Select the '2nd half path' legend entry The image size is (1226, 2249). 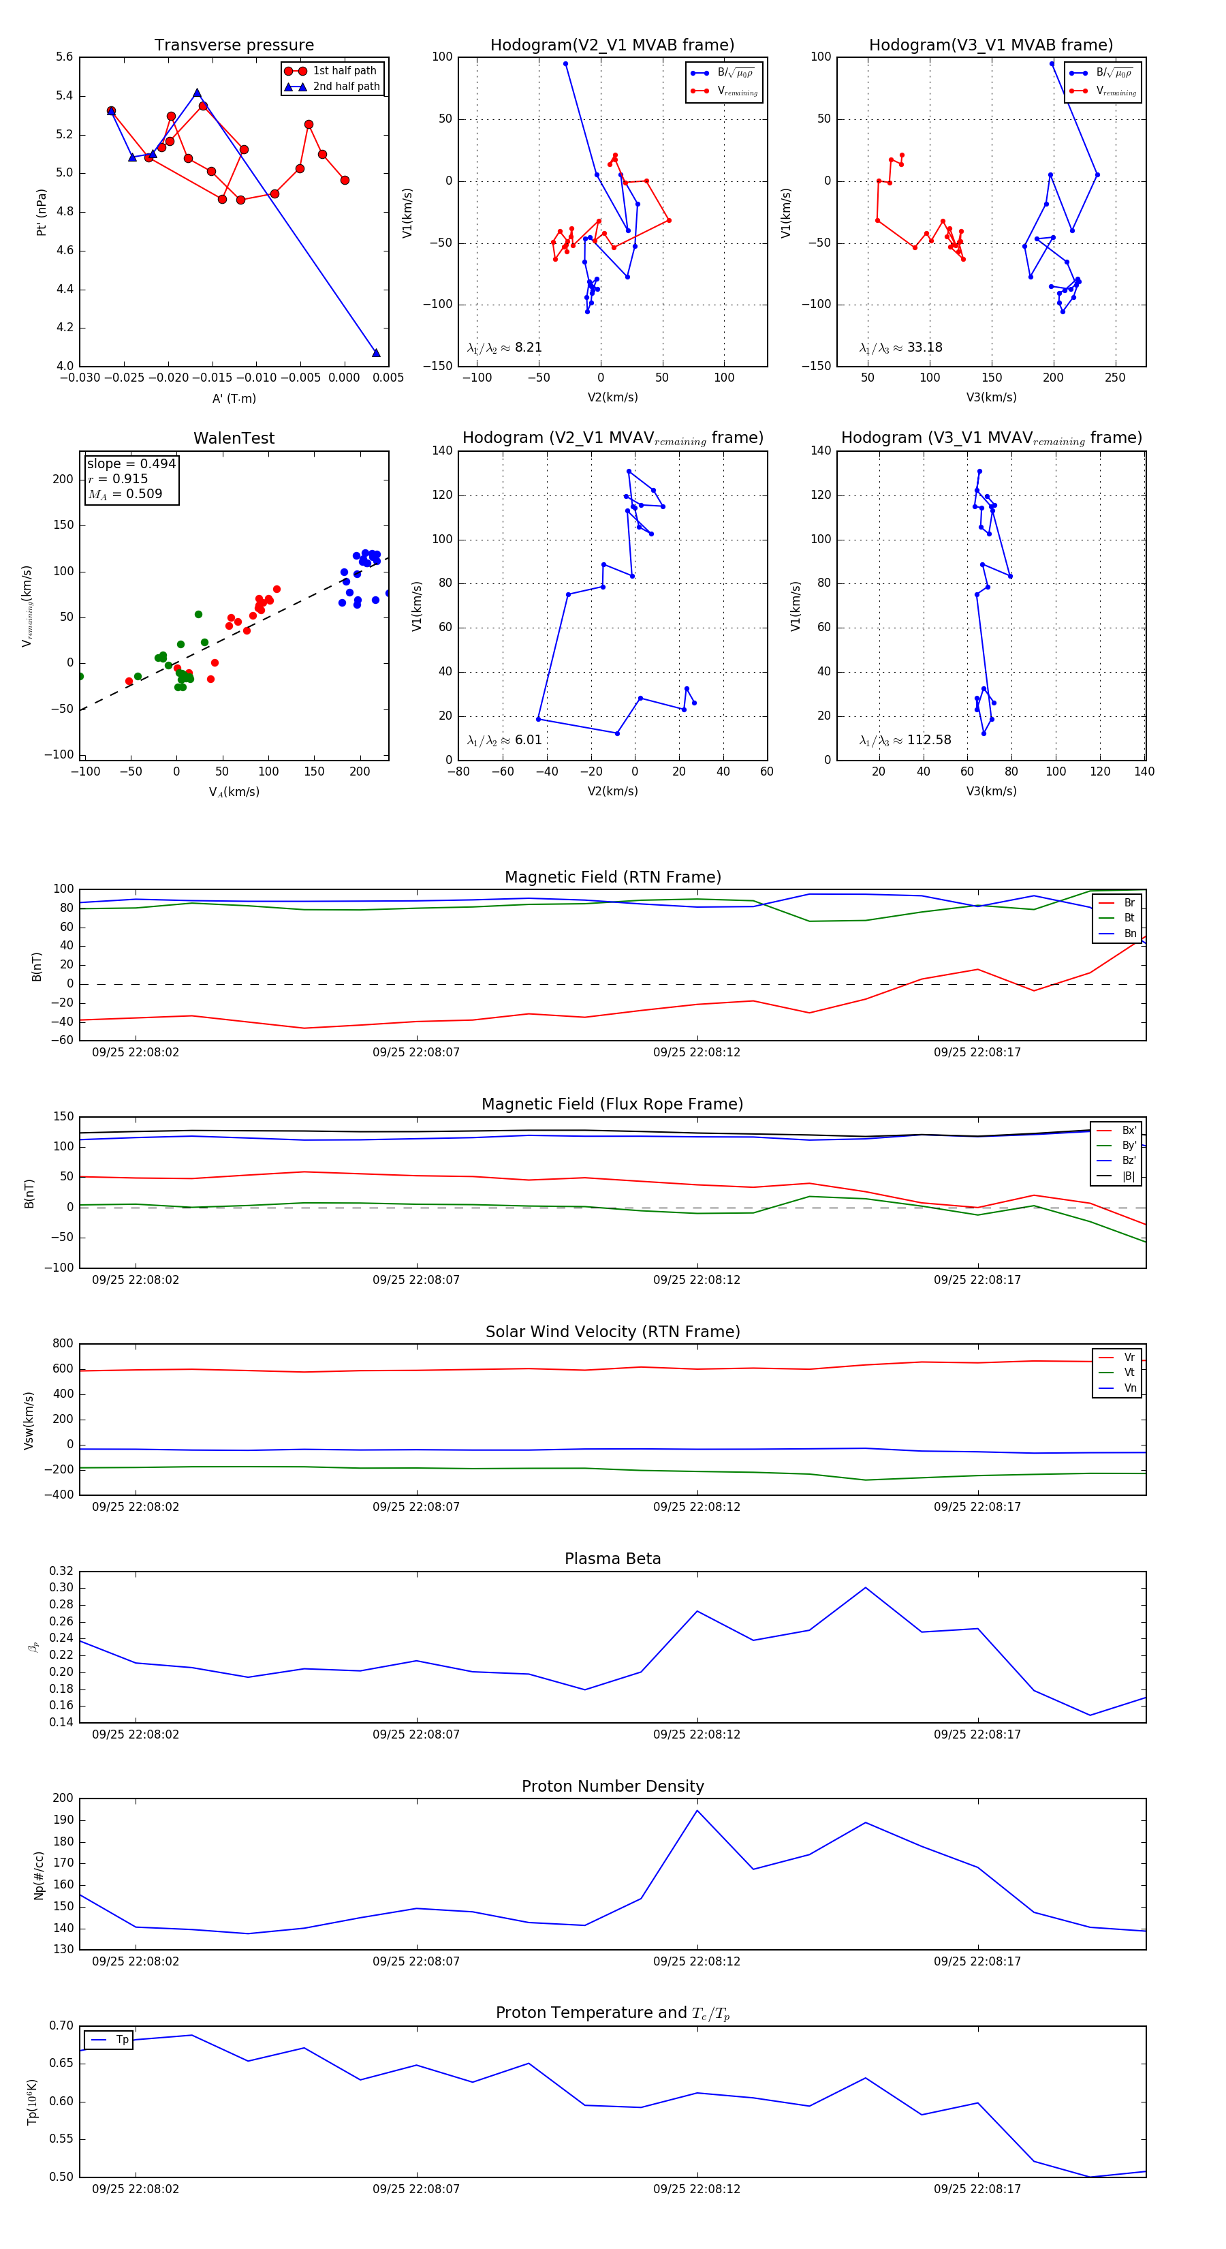click(345, 87)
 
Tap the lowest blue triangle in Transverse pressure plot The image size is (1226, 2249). click(376, 353)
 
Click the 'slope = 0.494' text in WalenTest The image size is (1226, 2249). click(131, 463)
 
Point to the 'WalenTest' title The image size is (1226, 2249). click(234, 438)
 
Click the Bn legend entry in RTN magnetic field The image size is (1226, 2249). click(1129, 933)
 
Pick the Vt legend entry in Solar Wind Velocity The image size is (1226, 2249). click(1129, 1373)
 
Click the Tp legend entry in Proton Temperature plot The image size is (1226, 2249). click(121, 2040)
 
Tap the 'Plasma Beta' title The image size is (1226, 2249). click(612, 1559)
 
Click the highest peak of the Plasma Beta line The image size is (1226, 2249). click(866, 1587)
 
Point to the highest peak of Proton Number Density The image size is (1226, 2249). click(696, 1810)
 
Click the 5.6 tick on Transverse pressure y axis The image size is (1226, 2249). click(64, 57)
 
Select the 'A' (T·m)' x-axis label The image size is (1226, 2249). click(234, 398)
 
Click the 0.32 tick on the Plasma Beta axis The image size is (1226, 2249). click(61, 1572)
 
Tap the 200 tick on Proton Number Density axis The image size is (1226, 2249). click(63, 1798)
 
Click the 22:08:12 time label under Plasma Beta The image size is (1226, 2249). click(696, 1734)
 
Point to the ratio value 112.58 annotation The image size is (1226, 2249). click(928, 739)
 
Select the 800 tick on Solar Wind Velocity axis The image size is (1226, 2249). click(63, 1344)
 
